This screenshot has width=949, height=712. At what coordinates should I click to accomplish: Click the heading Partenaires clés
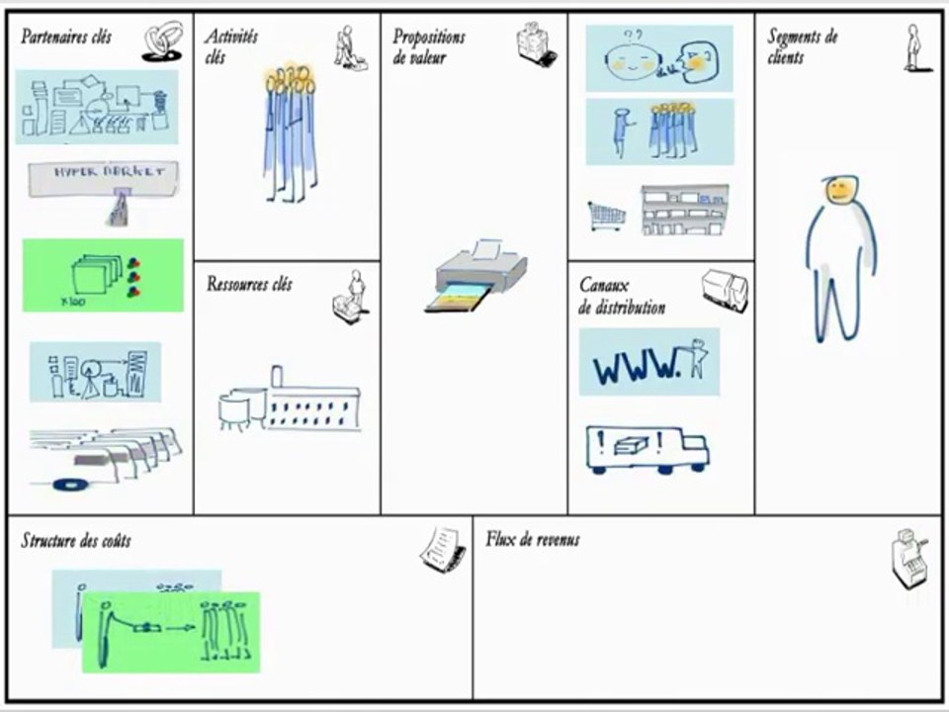[66, 37]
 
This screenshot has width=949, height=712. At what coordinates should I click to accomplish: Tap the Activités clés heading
[230, 46]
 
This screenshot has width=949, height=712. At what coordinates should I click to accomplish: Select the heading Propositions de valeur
[428, 46]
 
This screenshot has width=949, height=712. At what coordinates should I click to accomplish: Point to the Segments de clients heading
[803, 46]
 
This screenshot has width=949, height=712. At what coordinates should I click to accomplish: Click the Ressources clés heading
[249, 284]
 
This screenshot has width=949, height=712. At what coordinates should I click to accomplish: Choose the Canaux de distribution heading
[622, 296]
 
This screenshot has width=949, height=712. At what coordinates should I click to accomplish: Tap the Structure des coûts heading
[76, 540]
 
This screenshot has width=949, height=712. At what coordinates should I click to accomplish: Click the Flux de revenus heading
[532, 539]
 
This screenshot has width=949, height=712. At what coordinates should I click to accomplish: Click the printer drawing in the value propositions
[475, 276]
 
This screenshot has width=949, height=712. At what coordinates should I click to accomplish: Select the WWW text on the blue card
[636, 365]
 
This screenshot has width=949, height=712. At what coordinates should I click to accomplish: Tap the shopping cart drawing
[606, 217]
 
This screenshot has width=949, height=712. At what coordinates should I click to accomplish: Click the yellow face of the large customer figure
[840, 190]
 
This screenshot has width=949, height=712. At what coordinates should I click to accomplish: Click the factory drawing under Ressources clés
[290, 400]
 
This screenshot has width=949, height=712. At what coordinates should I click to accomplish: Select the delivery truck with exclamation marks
[647, 450]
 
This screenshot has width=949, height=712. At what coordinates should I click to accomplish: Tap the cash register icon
[909, 558]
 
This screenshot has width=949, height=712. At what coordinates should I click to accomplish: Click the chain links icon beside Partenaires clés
[163, 42]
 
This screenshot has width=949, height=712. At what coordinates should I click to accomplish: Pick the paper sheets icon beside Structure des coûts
[443, 549]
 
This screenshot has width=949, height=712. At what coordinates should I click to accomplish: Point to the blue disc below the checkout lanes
[70, 485]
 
